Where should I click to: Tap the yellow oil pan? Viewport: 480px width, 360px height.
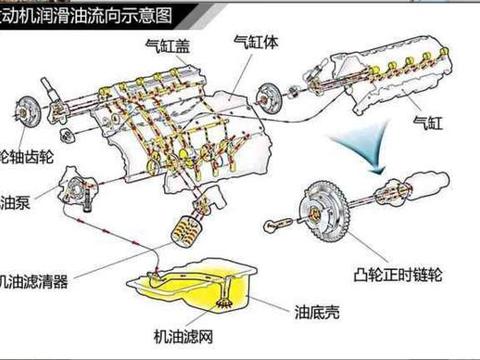pyautogui.click(x=210, y=289)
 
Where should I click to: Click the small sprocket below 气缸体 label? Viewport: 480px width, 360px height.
pyautogui.click(x=266, y=98)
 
